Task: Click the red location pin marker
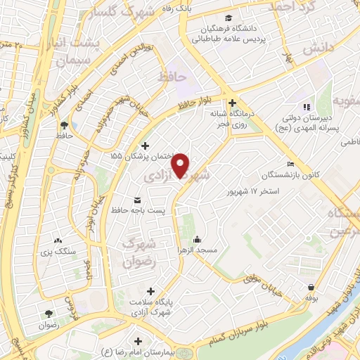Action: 181,165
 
